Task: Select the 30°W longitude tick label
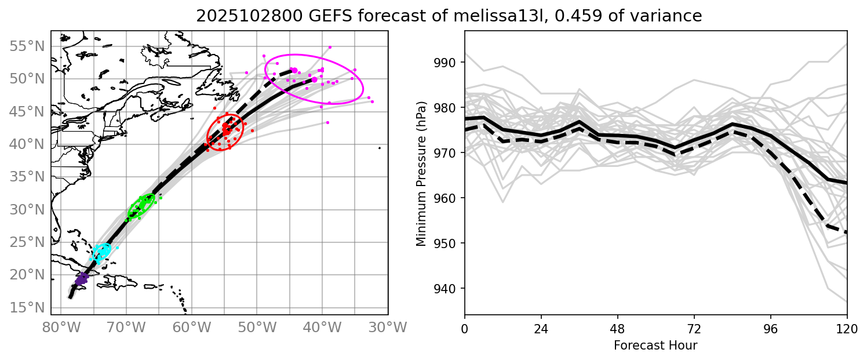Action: (x=388, y=328)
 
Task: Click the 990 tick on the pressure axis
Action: (x=447, y=63)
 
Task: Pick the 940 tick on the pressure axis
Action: (x=447, y=289)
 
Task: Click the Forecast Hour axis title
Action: (x=655, y=346)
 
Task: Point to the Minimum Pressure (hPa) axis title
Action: (x=421, y=173)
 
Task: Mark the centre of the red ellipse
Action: (x=225, y=132)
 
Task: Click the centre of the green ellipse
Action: (x=141, y=206)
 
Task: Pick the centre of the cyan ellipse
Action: (x=102, y=252)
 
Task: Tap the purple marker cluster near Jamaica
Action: (x=81, y=279)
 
